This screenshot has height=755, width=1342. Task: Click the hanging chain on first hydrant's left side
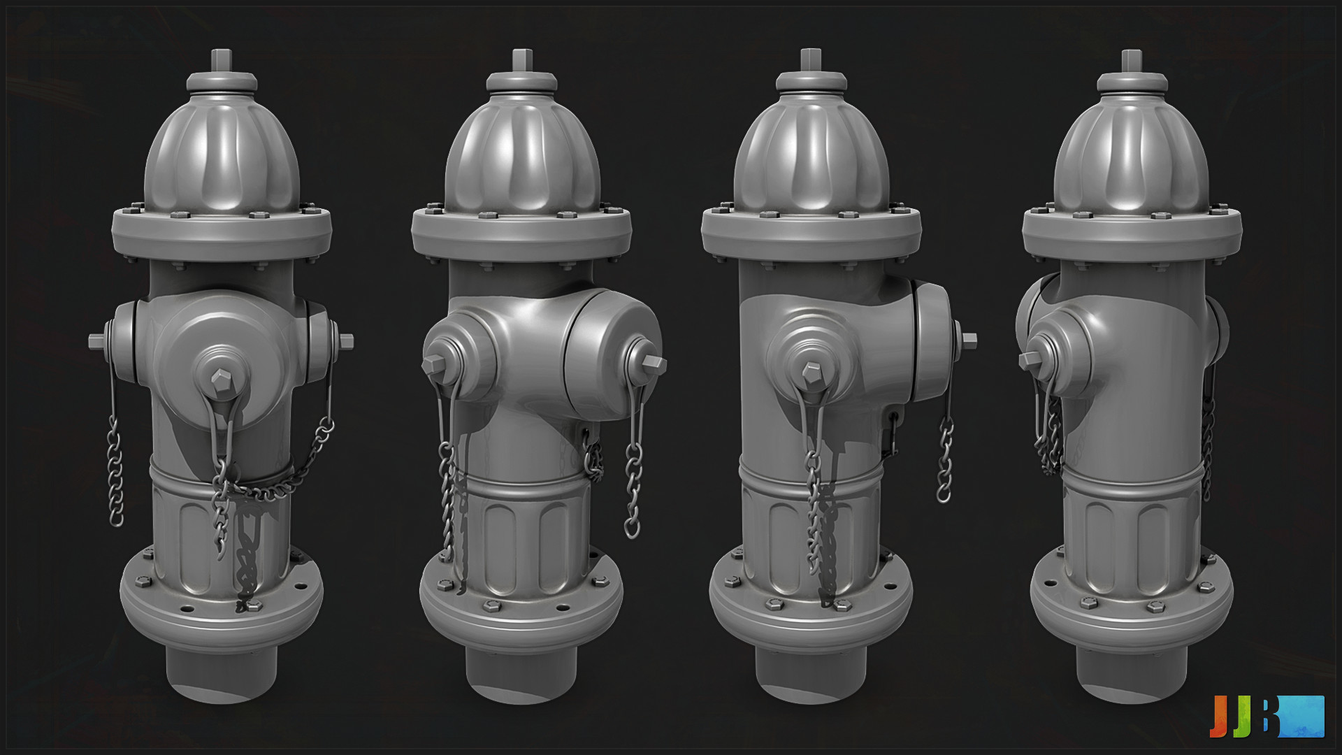(115, 475)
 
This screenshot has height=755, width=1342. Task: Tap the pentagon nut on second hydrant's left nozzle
(432, 363)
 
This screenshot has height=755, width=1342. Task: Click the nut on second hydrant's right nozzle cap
(654, 363)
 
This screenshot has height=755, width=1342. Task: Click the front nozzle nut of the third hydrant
(811, 371)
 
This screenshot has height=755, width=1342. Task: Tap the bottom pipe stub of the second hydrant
(521, 671)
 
